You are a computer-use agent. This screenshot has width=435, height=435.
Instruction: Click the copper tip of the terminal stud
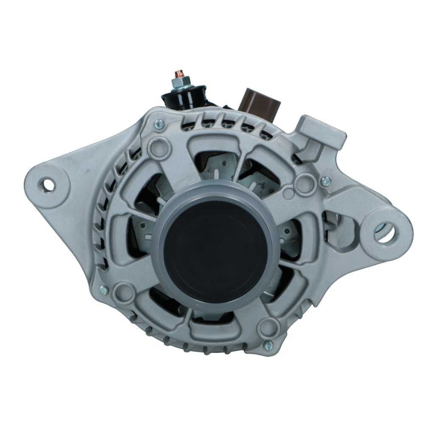(179, 73)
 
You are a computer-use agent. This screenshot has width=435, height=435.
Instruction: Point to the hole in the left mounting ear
(48, 185)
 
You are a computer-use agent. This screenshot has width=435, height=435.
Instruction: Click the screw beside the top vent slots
(159, 124)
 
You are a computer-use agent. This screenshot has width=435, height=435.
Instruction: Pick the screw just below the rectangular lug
(325, 181)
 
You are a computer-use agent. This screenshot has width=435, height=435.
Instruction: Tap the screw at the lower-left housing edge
(104, 290)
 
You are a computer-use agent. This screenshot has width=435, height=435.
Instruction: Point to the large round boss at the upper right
(306, 184)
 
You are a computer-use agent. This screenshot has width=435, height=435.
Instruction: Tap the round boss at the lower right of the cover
(269, 328)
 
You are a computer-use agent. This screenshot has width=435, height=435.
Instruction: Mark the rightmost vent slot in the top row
(266, 135)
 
